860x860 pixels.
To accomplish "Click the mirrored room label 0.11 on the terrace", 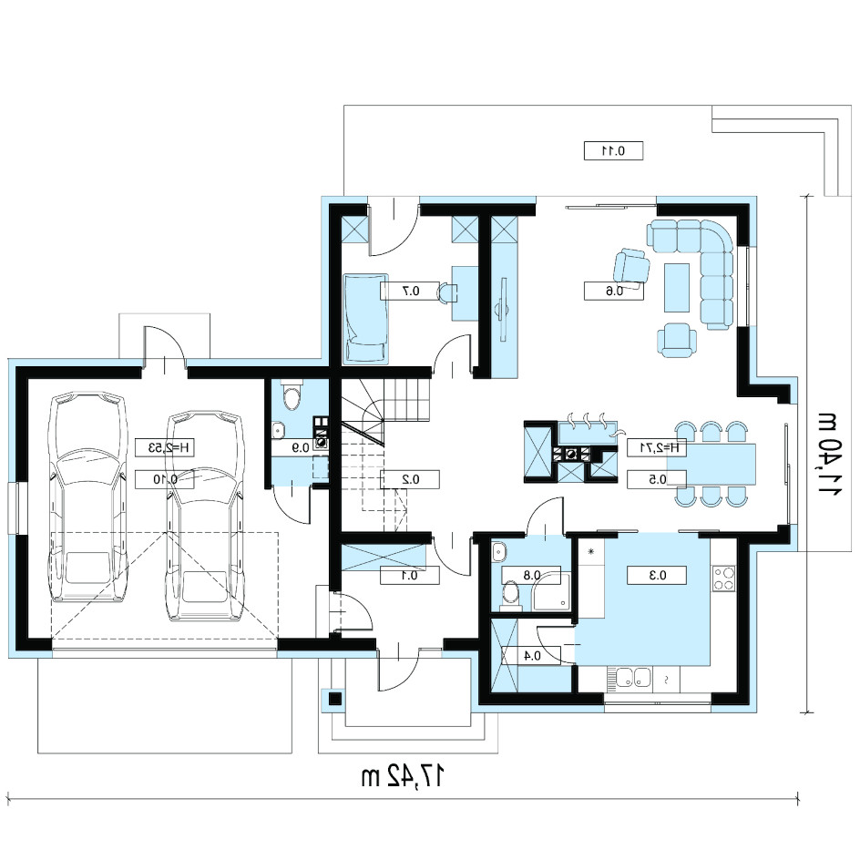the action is (x=613, y=151).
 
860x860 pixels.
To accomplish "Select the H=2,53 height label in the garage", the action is (x=165, y=447).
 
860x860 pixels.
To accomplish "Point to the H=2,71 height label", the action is (x=657, y=447).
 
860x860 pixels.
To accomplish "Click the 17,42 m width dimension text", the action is (x=402, y=776).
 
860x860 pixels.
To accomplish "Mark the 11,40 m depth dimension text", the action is (x=829, y=453).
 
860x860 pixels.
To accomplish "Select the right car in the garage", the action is (x=204, y=516).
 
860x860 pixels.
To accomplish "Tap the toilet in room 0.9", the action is (x=291, y=395).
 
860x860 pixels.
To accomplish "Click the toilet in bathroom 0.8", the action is (x=511, y=595).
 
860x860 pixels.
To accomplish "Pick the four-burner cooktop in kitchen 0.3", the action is (x=723, y=578).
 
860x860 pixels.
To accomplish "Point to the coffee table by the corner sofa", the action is (x=677, y=287).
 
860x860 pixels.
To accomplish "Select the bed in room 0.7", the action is (x=366, y=319).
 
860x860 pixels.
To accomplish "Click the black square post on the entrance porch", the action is (x=334, y=699).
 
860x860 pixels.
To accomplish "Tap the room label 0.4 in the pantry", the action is (x=532, y=655).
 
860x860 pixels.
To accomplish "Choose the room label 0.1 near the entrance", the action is (x=409, y=576).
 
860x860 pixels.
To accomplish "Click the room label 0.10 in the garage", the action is (x=165, y=479).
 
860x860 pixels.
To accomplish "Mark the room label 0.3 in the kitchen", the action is (x=657, y=576).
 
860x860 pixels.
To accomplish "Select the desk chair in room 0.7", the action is (x=447, y=292).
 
